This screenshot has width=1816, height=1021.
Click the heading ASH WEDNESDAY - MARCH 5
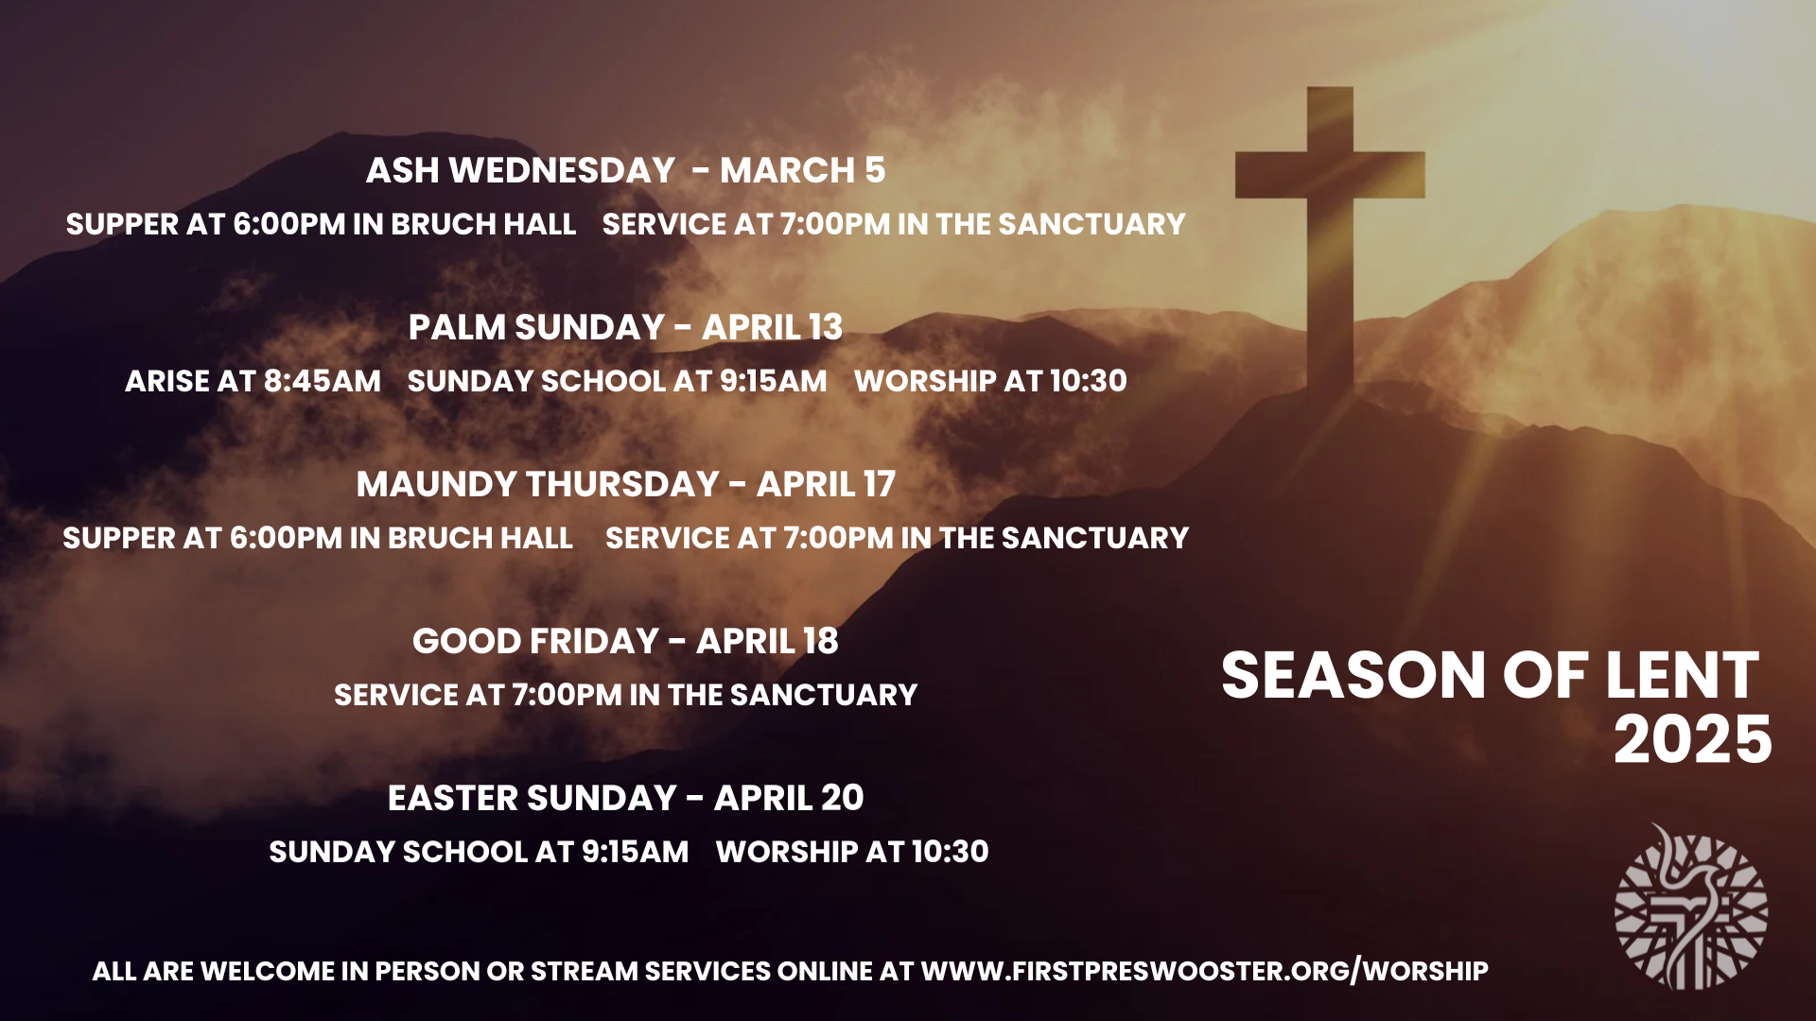[x=625, y=170]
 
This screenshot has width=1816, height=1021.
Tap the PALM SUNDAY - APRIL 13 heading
[x=625, y=327]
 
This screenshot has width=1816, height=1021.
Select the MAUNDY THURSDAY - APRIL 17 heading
[x=625, y=484]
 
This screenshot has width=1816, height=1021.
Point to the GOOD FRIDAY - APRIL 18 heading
[x=625, y=641]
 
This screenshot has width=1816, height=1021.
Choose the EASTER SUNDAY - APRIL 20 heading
[x=625, y=798]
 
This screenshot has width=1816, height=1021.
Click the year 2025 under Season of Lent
[x=1692, y=740]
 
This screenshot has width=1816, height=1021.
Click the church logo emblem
[x=1691, y=908]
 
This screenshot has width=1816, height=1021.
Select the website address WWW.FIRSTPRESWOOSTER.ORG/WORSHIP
[x=1204, y=971]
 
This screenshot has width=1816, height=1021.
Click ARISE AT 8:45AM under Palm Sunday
[x=253, y=381]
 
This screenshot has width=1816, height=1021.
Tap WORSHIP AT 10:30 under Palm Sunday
[x=990, y=381]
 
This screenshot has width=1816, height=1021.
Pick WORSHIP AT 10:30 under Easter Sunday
[x=852, y=852]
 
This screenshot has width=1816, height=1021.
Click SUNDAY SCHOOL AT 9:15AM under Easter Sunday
[x=479, y=852]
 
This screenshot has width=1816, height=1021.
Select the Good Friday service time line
[x=625, y=695]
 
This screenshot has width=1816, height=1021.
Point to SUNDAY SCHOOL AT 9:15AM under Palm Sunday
[x=617, y=381]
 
